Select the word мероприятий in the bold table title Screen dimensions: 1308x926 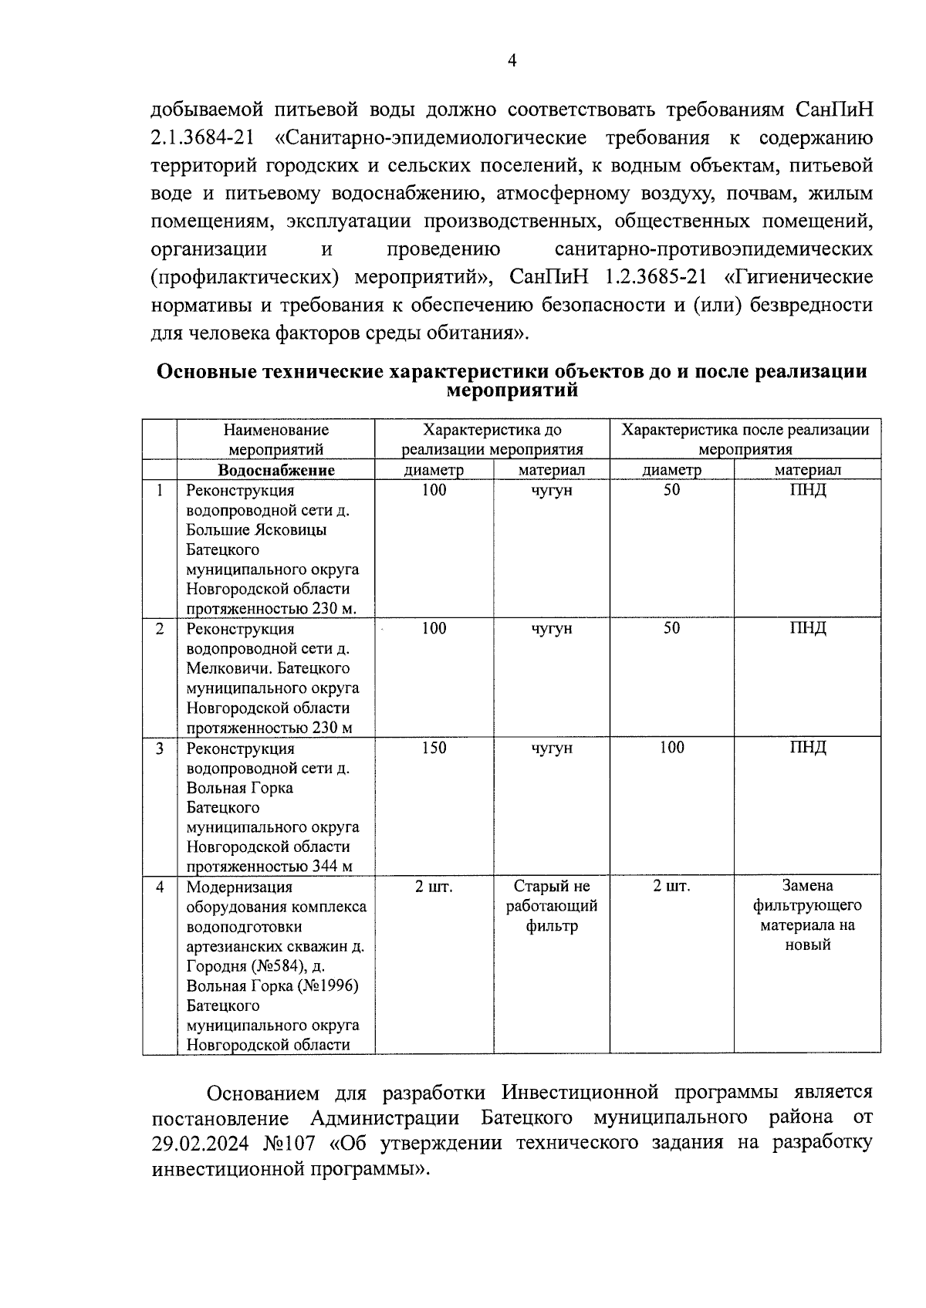tap(512, 390)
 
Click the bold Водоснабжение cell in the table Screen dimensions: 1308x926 tap(276, 470)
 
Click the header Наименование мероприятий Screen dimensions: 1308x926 tap(276, 440)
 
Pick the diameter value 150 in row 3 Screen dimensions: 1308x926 tap(434, 748)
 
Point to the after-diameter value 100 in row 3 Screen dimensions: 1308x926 tap(671, 748)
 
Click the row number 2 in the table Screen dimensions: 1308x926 tap(160, 629)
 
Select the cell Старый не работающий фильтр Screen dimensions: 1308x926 tap(551, 906)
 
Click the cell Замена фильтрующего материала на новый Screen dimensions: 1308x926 tap(807, 915)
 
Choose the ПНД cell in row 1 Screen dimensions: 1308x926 tap(807, 490)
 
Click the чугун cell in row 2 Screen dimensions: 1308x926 tap(551, 629)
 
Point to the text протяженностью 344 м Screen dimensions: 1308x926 tap(269, 867)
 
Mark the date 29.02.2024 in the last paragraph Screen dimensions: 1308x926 tap(202, 1143)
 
